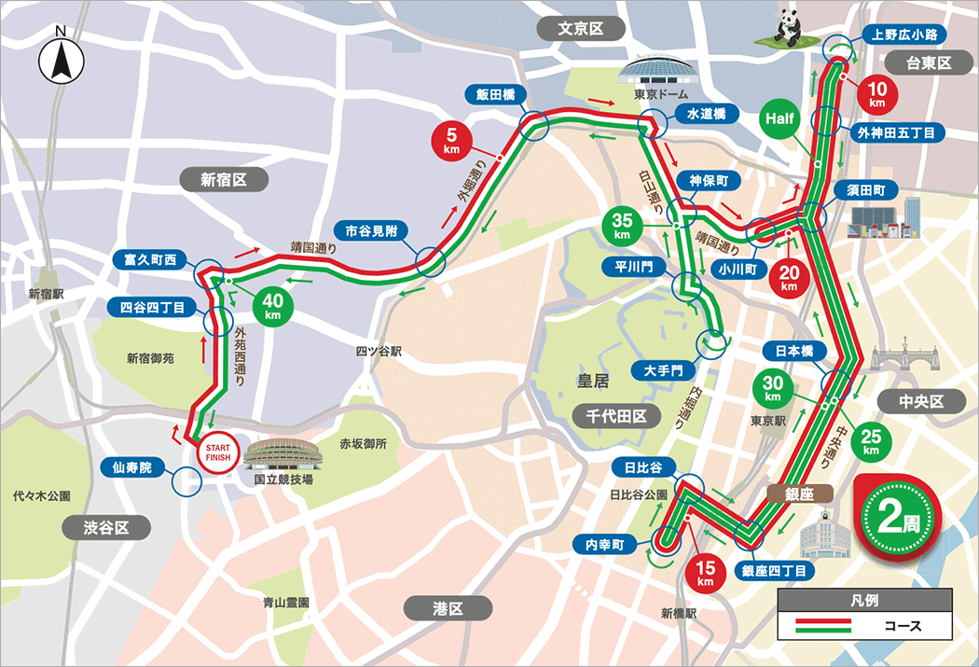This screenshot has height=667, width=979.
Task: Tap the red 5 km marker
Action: click(452, 141)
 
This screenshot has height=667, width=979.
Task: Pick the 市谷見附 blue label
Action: click(370, 229)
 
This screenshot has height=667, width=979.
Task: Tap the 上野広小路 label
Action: click(904, 35)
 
